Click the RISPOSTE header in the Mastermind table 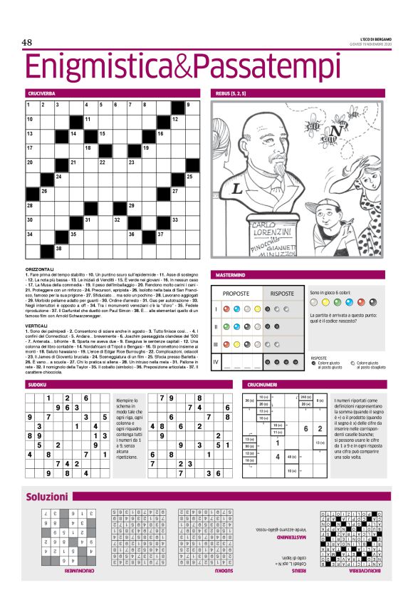(x=283, y=293)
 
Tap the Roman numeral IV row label (x=216, y=363)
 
